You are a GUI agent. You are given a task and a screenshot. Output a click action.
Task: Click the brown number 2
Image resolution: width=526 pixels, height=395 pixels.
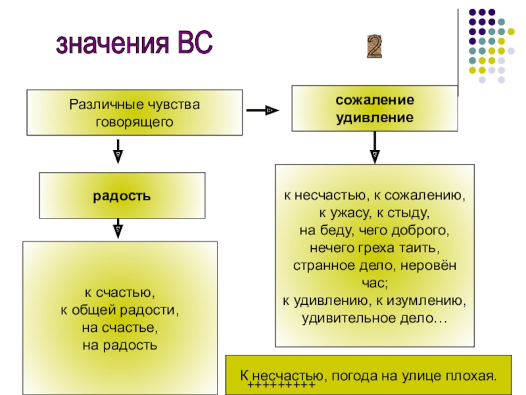point(374,46)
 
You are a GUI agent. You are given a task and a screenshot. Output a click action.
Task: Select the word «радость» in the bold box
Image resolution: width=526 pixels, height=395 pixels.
point(122,196)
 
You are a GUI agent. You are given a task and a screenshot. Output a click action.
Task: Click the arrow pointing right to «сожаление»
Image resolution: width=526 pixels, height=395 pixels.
point(262,111)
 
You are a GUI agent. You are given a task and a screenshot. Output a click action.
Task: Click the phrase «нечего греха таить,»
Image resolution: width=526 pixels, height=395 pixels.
point(374,248)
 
